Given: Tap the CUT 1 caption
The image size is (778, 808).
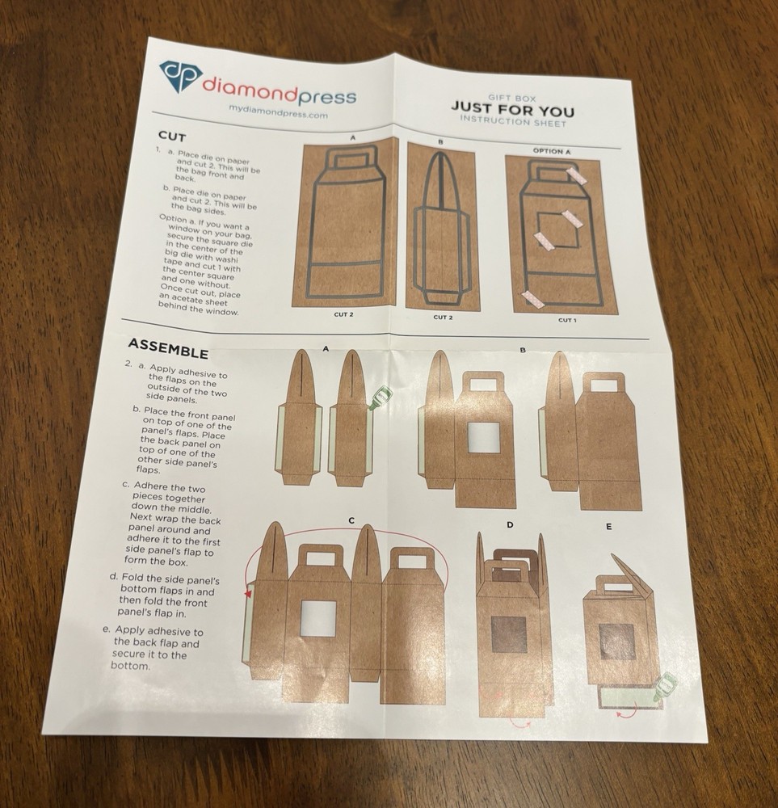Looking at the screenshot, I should [566, 321].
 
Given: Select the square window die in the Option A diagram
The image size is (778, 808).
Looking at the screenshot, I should [557, 230].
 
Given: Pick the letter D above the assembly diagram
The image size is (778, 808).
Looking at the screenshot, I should [510, 525].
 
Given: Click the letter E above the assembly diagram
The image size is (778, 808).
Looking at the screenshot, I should [608, 527].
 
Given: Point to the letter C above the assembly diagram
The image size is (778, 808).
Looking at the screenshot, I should [351, 520].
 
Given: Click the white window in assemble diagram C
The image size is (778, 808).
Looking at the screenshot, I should [318, 618].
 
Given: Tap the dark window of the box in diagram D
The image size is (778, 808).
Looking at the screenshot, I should [508, 633].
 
